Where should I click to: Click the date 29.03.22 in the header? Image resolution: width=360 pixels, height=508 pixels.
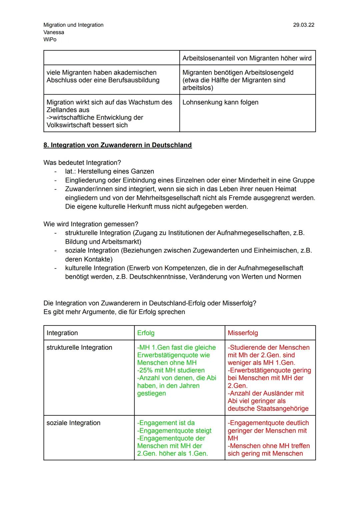coord(303,25)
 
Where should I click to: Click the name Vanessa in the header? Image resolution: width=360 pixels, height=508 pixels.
coord(54,32)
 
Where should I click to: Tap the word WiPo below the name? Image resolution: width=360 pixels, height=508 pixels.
coord(50,40)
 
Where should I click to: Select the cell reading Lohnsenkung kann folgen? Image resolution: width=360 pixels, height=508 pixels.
coord(220,102)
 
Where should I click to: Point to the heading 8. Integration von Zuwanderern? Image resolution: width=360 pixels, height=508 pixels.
coord(117,145)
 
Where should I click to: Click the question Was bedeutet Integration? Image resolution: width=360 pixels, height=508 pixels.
coord(82,163)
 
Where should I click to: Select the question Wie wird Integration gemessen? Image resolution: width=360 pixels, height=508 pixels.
coord(91,224)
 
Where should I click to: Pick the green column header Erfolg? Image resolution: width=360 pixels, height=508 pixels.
coord(146,333)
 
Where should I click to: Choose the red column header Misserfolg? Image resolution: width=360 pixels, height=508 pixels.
coord(243,333)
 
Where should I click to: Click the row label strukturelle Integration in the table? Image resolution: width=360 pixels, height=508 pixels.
coord(79,347)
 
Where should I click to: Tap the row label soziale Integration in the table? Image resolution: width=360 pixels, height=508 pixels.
coord(73,423)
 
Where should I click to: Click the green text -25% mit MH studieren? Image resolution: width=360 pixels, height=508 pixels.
coord(171,370)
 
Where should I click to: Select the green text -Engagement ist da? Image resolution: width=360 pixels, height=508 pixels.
coord(166,423)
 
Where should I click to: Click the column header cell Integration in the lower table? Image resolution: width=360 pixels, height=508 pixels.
coord(62,333)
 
